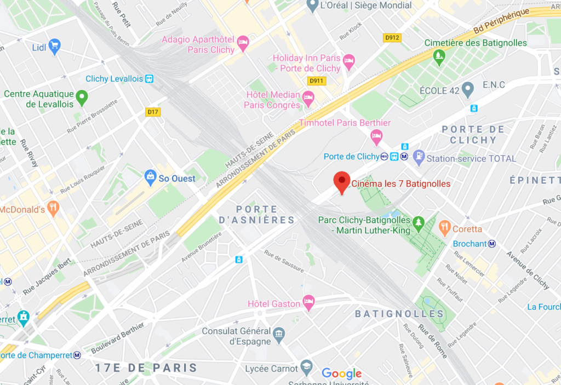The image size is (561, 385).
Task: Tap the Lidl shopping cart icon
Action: [54, 46]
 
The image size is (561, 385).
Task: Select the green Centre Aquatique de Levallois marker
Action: [82, 99]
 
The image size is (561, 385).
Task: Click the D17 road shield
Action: [153, 112]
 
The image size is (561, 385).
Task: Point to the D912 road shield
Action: [392, 38]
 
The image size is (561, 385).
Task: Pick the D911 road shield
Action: [316, 81]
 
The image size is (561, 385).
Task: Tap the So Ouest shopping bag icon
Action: [150, 177]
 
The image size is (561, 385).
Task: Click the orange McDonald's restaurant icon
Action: [53, 208]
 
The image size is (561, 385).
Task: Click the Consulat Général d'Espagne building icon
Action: [279, 334]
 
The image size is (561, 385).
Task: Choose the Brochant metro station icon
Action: [492, 244]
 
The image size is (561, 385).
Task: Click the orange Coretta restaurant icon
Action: [444, 227]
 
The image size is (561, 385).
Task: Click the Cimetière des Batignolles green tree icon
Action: [438, 56]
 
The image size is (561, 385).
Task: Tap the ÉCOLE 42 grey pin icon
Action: [467, 89]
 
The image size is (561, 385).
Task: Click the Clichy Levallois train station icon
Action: [149, 79]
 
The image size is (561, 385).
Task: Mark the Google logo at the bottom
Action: [342, 373]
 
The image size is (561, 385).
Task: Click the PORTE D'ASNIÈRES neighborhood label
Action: [265, 215]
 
